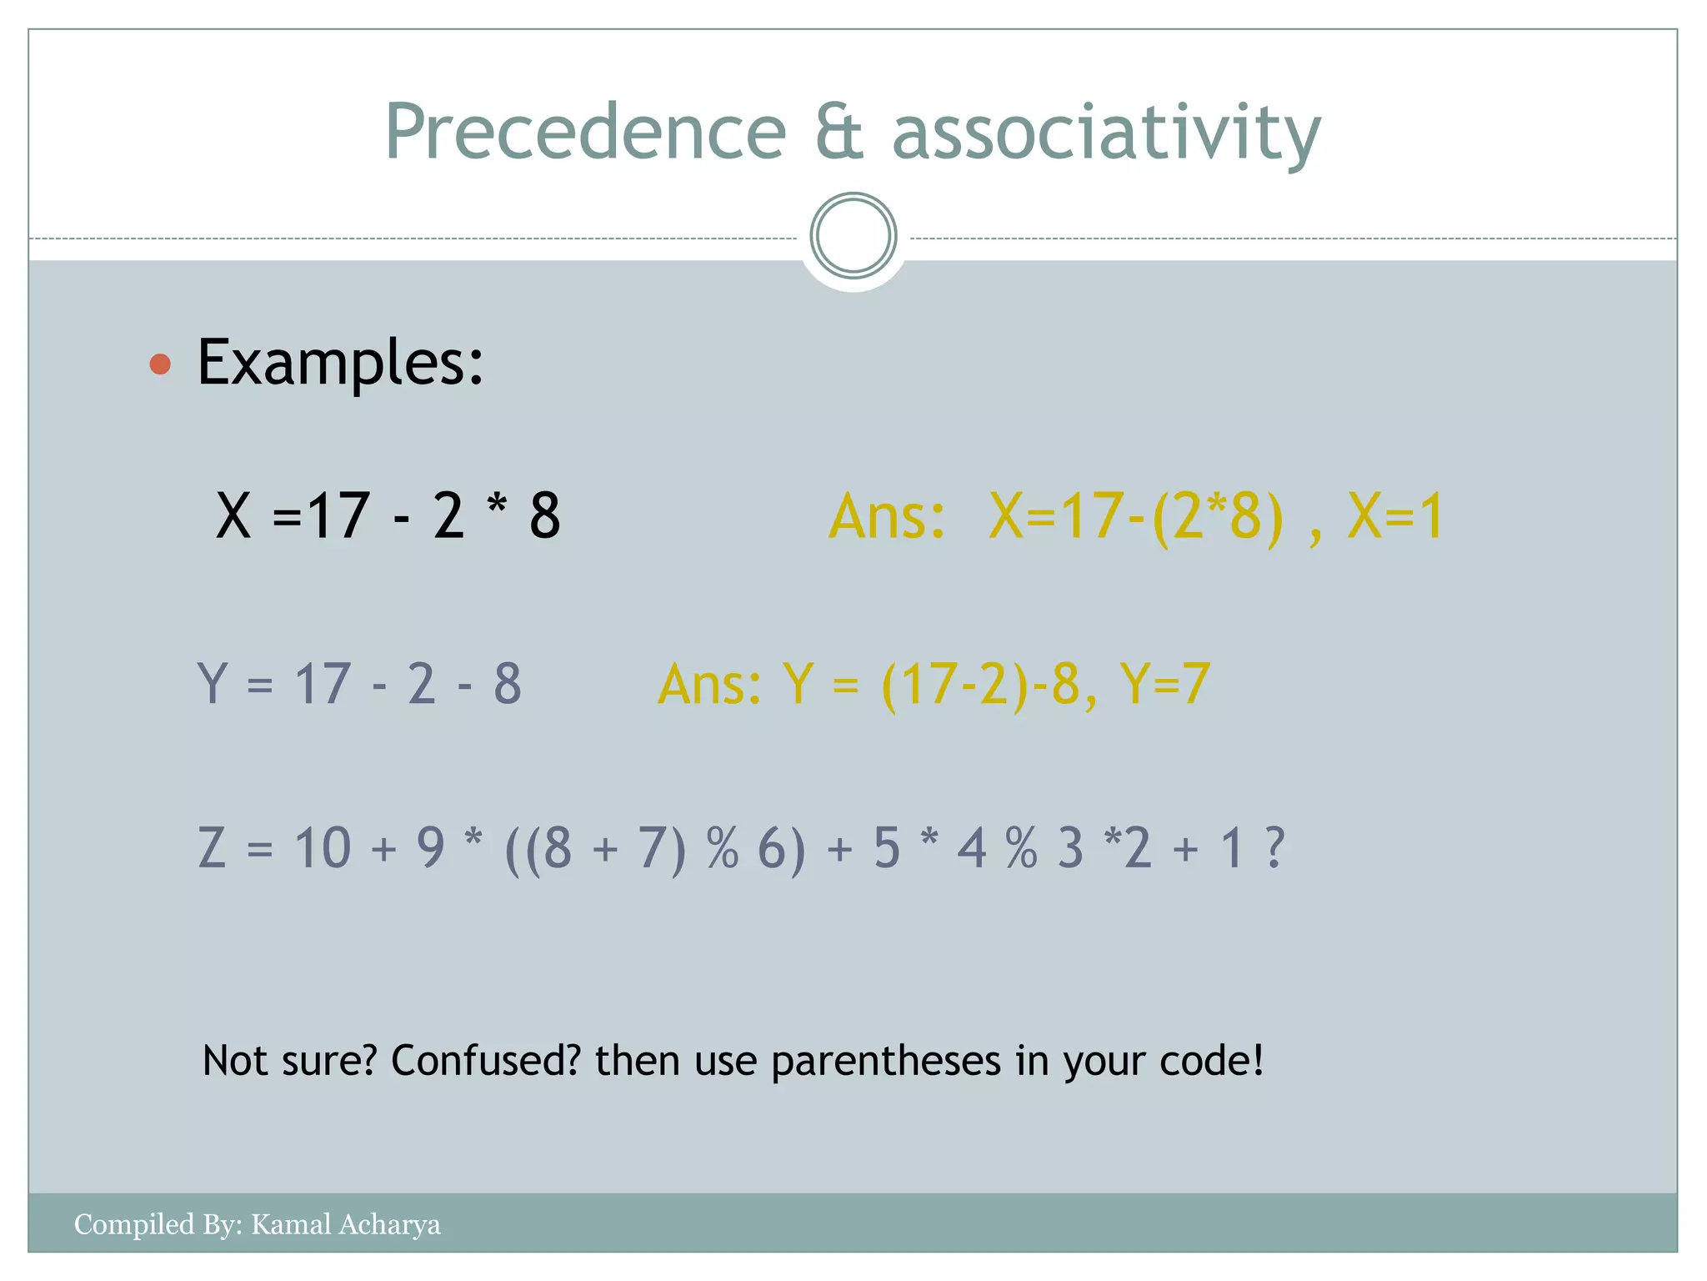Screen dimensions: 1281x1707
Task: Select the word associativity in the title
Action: pyautogui.click(x=1106, y=133)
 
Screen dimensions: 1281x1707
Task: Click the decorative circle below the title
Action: pyautogui.click(x=853, y=236)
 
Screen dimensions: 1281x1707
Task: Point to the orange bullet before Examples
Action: pyautogui.click(x=160, y=364)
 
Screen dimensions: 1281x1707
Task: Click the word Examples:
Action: pyautogui.click(x=340, y=363)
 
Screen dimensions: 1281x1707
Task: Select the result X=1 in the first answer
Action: pyautogui.click(x=1395, y=516)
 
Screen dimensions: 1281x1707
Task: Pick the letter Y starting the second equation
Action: pyautogui.click(x=212, y=684)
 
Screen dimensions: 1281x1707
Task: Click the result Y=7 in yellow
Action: pyautogui.click(x=1164, y=684)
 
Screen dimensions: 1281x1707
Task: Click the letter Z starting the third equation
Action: pyautogui.click(x=212, y=848)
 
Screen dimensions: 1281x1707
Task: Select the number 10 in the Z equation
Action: pyautogui.click(x=323, y=848)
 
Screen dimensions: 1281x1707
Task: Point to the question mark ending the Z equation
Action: pyautogui.click(x=1274, y=848)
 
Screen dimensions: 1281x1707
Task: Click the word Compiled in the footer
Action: pyautogui.click(x=134, y=1224)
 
